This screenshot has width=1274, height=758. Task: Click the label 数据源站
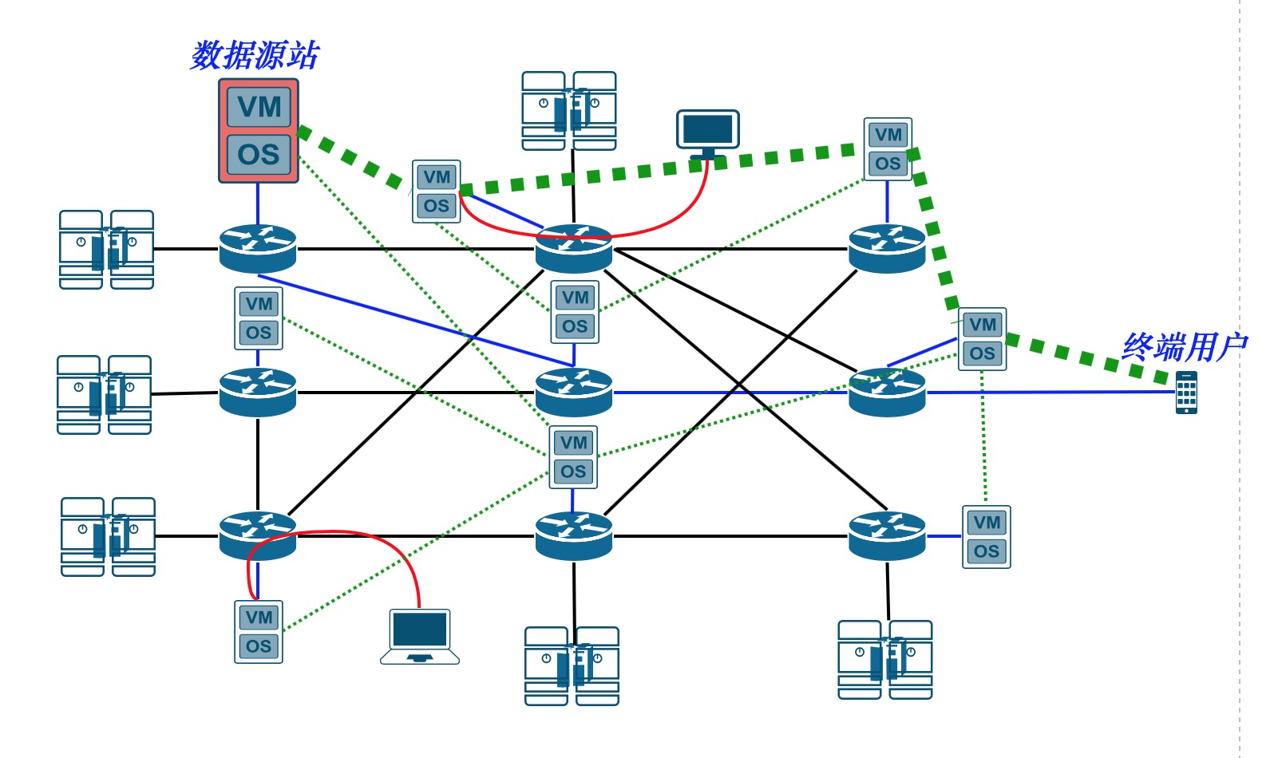255,55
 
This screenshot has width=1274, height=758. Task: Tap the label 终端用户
1184,347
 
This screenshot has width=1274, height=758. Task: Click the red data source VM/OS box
259,131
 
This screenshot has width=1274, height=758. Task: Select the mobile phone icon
1186,393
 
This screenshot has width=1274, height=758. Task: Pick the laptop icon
420,637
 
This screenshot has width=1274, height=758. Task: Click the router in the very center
574,392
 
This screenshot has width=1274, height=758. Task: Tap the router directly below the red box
258,248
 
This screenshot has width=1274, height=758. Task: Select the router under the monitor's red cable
574,248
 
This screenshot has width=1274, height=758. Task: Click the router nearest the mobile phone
887,392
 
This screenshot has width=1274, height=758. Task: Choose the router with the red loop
258,535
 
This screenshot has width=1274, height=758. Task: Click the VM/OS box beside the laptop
259,632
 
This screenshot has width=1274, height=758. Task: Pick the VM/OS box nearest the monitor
888,149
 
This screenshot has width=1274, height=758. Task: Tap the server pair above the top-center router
569,111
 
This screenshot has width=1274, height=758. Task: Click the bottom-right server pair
885,660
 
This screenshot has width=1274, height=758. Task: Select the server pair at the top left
107,250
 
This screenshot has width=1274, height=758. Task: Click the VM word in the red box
259,107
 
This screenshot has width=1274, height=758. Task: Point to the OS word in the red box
259,154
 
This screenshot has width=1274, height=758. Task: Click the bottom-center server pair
572,666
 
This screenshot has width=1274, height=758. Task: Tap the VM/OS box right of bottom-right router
987,537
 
